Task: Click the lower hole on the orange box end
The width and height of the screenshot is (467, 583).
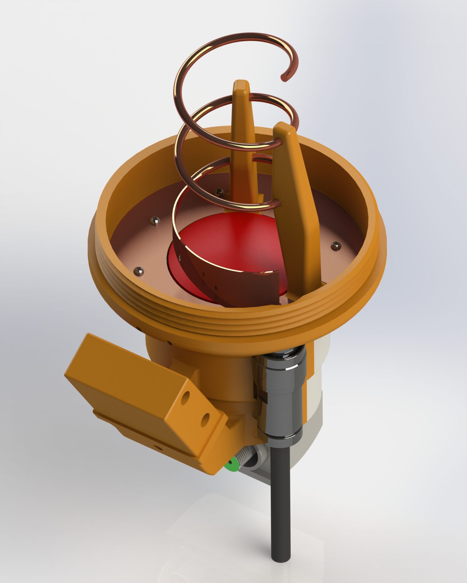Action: (x=205, y=420)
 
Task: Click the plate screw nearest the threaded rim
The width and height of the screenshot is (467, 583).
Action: (x=139, y=271)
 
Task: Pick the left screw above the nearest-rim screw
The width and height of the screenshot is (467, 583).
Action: (x=155, y=221)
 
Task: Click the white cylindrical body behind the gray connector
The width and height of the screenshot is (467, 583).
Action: (x=316, y=399)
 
